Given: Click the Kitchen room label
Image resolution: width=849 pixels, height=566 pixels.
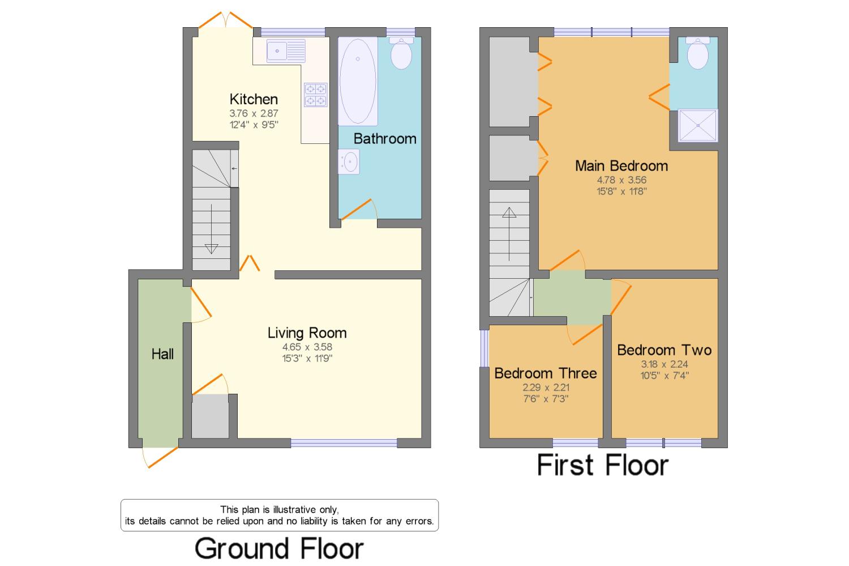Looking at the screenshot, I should [x=254, y=99].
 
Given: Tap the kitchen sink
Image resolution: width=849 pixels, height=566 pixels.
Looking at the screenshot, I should [x=286, y=51].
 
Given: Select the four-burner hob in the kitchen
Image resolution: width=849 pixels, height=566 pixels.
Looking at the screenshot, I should [x=316, y=95].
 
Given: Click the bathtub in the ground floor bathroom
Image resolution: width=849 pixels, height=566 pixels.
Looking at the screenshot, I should [x=358, y=81].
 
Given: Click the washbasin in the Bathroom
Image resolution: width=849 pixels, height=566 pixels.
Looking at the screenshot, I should [x=349, y=161].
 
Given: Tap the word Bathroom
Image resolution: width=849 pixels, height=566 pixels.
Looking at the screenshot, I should [x=385, y=138].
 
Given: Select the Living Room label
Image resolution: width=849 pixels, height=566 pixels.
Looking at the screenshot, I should [x=307, y=333].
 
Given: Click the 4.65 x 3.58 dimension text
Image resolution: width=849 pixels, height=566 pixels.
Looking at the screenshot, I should [x=307, y=347].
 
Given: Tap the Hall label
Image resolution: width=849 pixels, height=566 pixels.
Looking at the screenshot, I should [x=162, y=354].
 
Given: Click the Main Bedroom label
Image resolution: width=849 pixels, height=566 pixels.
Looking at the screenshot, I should [x=621, y=165].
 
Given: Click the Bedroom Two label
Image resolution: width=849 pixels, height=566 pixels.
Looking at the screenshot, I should [x=664, y=350].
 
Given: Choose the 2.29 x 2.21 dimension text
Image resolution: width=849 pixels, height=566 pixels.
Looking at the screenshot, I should [x=546, y=388].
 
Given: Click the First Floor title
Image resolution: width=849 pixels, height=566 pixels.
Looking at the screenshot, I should [x=603, y=465].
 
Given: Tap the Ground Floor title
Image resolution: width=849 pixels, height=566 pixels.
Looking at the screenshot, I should [x=279, y=548].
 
